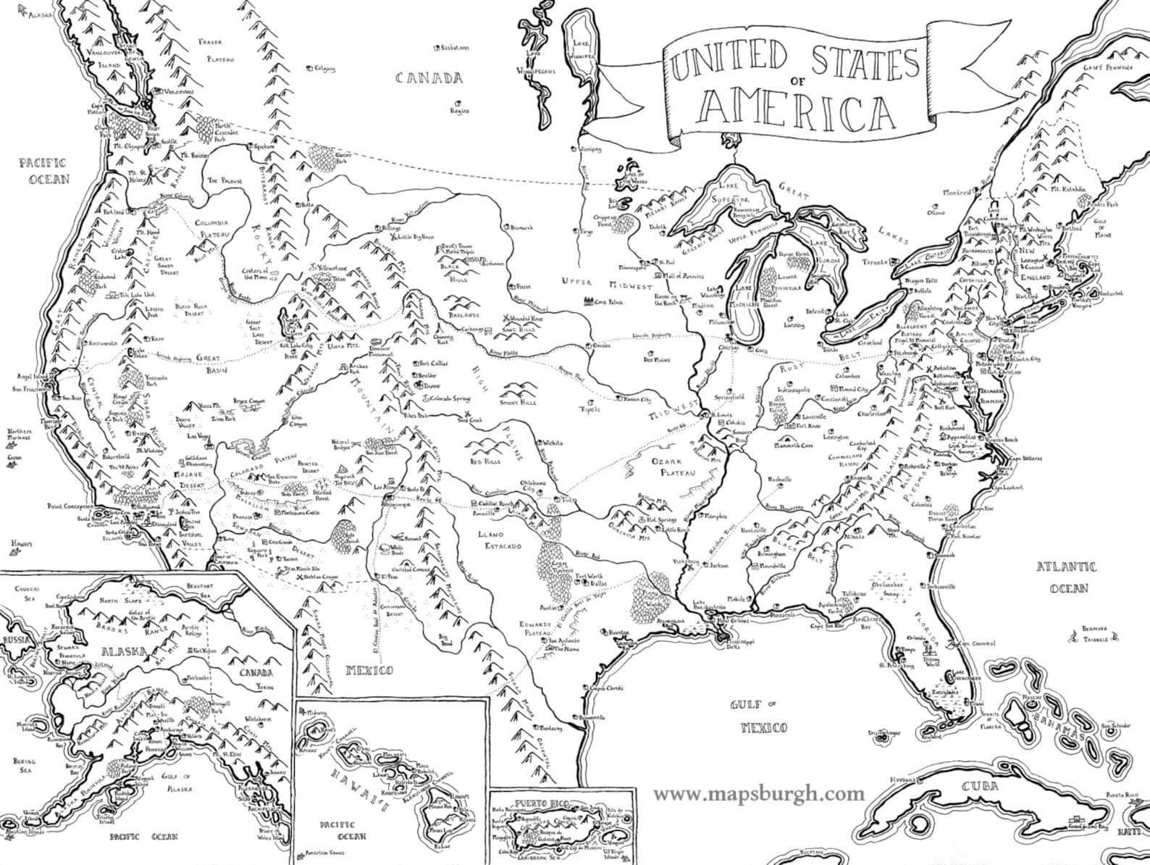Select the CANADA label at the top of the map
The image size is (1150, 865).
(x=429, y=78)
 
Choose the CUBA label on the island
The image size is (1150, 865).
(x=981, y=787)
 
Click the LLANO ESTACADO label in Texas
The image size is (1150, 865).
(x=500, y=540)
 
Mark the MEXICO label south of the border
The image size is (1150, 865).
(x=369, y=669)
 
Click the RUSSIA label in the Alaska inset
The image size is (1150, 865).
(x=15, y=640)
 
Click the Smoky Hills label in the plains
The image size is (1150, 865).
(x=518, y=401)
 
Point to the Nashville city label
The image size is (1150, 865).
(x=781, y=480)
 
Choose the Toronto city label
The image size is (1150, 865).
(x=876, y=262)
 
